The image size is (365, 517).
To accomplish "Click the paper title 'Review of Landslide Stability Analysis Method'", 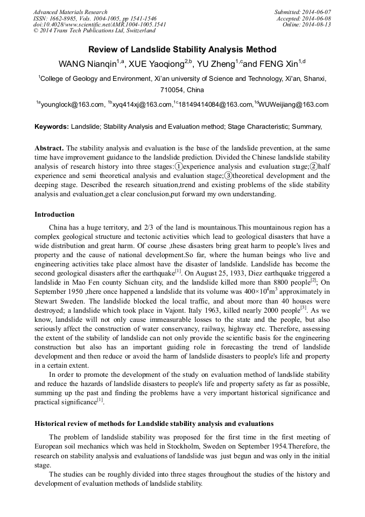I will click(x=182, y=50).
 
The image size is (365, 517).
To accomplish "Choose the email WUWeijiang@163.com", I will click(x=294, y=105).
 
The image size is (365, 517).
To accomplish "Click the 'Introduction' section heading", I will click(x=54, y=215).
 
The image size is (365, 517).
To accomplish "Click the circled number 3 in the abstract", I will click(x=228, y=176).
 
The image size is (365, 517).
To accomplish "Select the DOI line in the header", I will click(x=100, y=24).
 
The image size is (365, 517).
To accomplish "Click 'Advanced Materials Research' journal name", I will click(x=70, y=12).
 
